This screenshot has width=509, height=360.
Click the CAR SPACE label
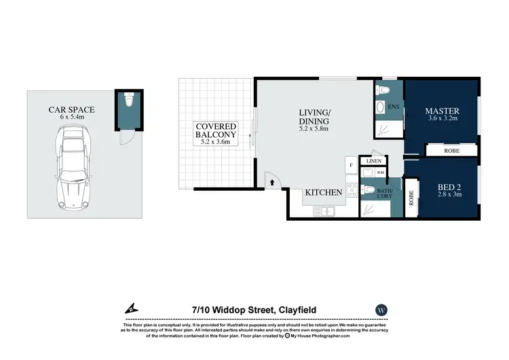71,109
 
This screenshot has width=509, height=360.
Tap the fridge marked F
351,165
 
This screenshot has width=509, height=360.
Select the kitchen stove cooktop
352,191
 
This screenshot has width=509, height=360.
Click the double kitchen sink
323,211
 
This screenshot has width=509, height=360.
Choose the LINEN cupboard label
374,161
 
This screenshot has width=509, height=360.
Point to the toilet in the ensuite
381,90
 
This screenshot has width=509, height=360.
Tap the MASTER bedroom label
442,110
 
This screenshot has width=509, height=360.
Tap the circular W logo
381,310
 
